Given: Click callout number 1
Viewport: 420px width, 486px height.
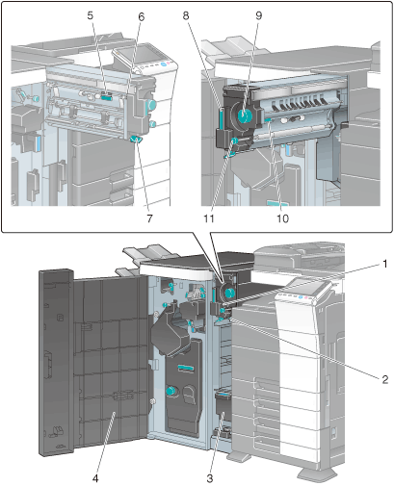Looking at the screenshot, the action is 384,264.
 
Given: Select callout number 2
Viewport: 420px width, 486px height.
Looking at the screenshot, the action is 385,379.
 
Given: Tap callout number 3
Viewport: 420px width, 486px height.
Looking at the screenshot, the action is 210,478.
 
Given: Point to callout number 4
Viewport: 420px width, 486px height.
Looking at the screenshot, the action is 95,478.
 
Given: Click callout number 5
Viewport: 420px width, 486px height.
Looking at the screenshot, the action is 91,15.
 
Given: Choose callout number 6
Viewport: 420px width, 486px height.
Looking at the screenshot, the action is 142,16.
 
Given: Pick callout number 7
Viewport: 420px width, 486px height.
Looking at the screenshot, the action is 149,218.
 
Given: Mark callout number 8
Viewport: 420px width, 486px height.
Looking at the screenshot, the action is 186,15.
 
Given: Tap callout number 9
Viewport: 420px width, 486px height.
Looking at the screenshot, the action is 259,15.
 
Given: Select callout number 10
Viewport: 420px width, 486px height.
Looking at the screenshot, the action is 282,218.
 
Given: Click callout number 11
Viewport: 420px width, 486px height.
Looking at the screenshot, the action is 209,218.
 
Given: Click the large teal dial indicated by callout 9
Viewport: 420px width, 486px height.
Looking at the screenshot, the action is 245,115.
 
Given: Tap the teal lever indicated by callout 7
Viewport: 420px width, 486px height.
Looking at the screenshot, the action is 136,139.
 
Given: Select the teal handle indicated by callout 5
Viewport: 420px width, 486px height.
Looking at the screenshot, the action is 107,95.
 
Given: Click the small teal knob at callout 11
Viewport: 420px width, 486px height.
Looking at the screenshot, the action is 234,141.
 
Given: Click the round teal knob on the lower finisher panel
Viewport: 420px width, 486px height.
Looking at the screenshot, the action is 171,391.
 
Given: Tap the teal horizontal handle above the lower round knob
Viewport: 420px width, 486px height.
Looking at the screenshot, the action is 186,368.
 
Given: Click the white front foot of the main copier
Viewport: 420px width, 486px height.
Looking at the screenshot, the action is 317,472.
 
